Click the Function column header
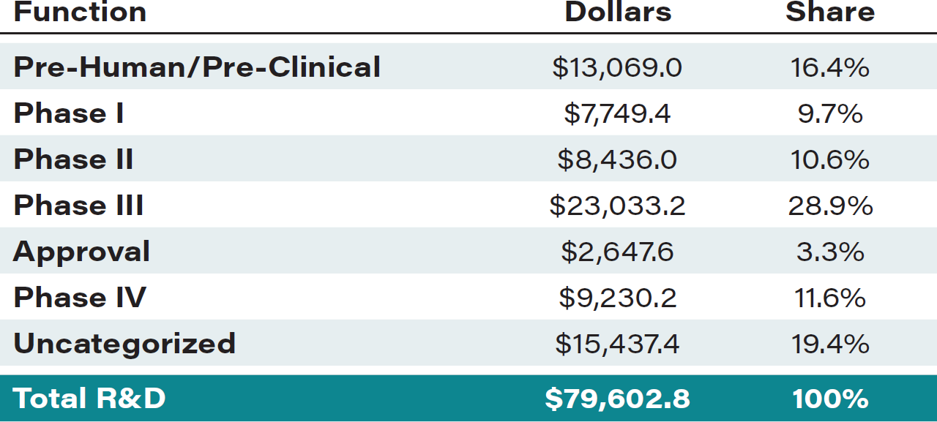[x=80, y=12]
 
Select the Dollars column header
[x=618, y=12]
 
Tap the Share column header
[x=830, y=12]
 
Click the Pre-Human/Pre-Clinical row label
[x=197, y=67]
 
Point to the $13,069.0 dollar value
[x=617, y=68]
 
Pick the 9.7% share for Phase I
[x=830, y=114]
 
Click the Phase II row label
[x=73, y=159]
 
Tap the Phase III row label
[x=78, y=206]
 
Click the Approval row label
[x=81, y=252]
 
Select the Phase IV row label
[x=79, y=298]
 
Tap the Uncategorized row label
[x=124, y=344]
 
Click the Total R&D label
[x=89, y=399]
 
